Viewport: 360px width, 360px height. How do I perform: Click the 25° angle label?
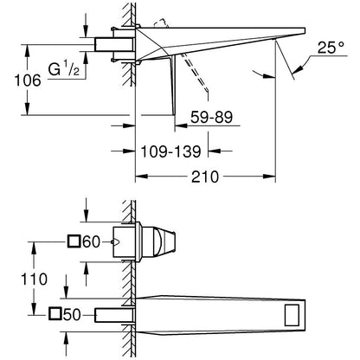coord(331,48)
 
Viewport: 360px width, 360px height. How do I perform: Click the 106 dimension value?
coord(28,80)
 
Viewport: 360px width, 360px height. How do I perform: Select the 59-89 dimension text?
coord(211,117)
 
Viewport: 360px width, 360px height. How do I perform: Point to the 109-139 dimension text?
coord(170,151)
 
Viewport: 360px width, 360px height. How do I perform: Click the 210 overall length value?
coord(205,177)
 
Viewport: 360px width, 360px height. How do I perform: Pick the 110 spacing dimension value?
coord(34,280)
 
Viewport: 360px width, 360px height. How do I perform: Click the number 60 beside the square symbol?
coord(91,241)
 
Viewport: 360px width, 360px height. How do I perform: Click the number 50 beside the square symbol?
coord(72,315)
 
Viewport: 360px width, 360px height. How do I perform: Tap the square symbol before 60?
coord(74,241)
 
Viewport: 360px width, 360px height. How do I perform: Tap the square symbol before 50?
coord(55,314)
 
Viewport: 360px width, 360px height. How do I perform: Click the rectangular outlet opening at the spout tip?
coord(292,315)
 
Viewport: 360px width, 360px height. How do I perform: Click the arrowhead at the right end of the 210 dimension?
coord(269,177)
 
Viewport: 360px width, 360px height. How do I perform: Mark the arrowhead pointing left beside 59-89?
coord(181,125)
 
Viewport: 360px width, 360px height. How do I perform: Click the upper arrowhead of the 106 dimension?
coord(27,50)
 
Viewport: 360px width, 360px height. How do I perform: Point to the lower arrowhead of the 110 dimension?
coord(34,308)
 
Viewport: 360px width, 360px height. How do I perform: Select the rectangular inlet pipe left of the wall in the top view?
coord(114,45)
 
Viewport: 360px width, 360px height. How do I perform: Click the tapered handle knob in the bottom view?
coord(158,241)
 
